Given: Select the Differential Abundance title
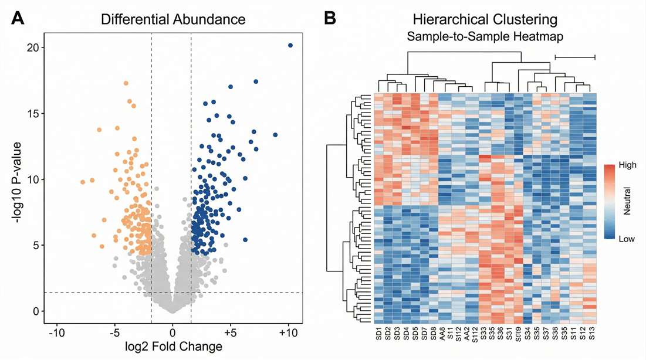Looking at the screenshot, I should tap(173, 19).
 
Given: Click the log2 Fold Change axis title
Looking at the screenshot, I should tap(173, 346).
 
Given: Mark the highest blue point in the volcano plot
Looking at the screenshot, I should tap(290, 45).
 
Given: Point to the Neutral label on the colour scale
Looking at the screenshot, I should tap(625, 203).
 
